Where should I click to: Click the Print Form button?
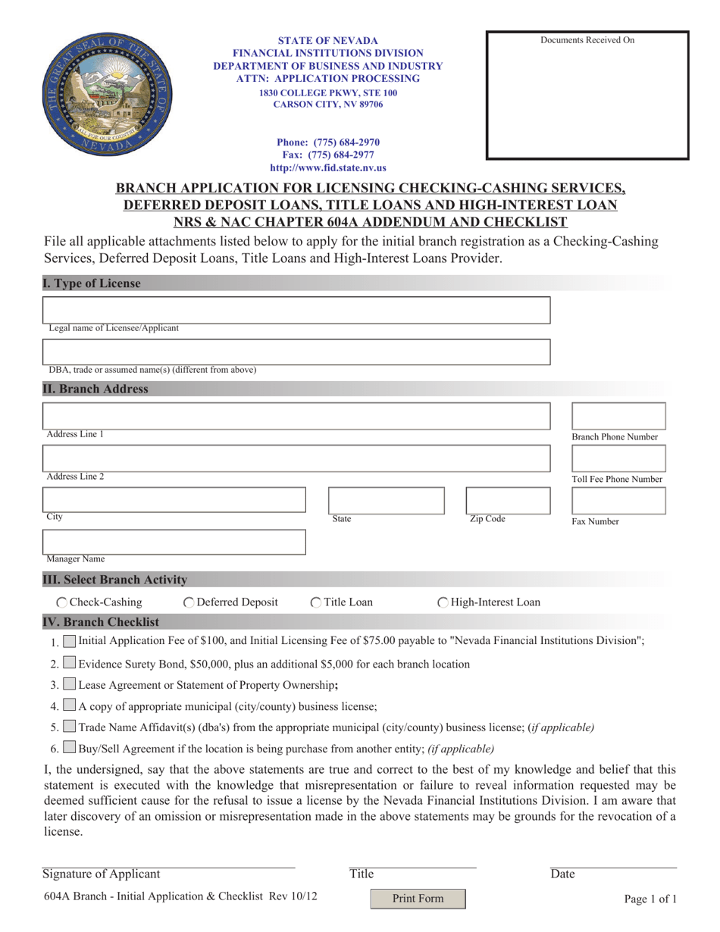tap(418, 899)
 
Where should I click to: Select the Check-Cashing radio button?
tap(62, 602)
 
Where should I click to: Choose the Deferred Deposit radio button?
tap(189, 602)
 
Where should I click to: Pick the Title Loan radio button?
tap(316, 602)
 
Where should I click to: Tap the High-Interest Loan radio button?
tap(443, 602)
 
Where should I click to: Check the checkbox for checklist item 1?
tap(69, 641)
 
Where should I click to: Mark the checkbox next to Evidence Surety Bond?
tap(69, 663)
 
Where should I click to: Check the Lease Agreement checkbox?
tap(69, 684)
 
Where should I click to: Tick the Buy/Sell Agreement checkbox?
tap(69, 748)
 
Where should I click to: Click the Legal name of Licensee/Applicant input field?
tap(296, 310)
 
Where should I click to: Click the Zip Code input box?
tap(507, 500)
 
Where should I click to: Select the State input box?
tap(386, 500)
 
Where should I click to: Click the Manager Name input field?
tap(174, 542)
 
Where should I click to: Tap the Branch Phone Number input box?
tap(618, 416)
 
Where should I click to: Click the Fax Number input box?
tap(618, 501)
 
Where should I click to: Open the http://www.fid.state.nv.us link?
tap(327, 168)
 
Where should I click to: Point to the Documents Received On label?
tap(587, 40)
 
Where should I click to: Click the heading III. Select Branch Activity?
tap(114, 580)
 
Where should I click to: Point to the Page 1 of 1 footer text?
tap(650, 899)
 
